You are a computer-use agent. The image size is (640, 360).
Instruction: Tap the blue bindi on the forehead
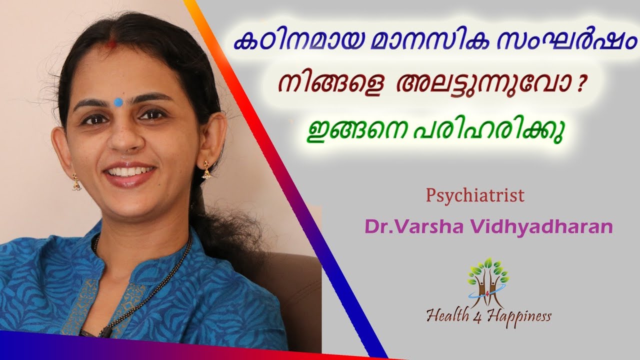118,102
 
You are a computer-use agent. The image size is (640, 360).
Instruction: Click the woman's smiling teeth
128,172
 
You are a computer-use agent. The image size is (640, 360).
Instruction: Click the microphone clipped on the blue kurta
103,331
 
